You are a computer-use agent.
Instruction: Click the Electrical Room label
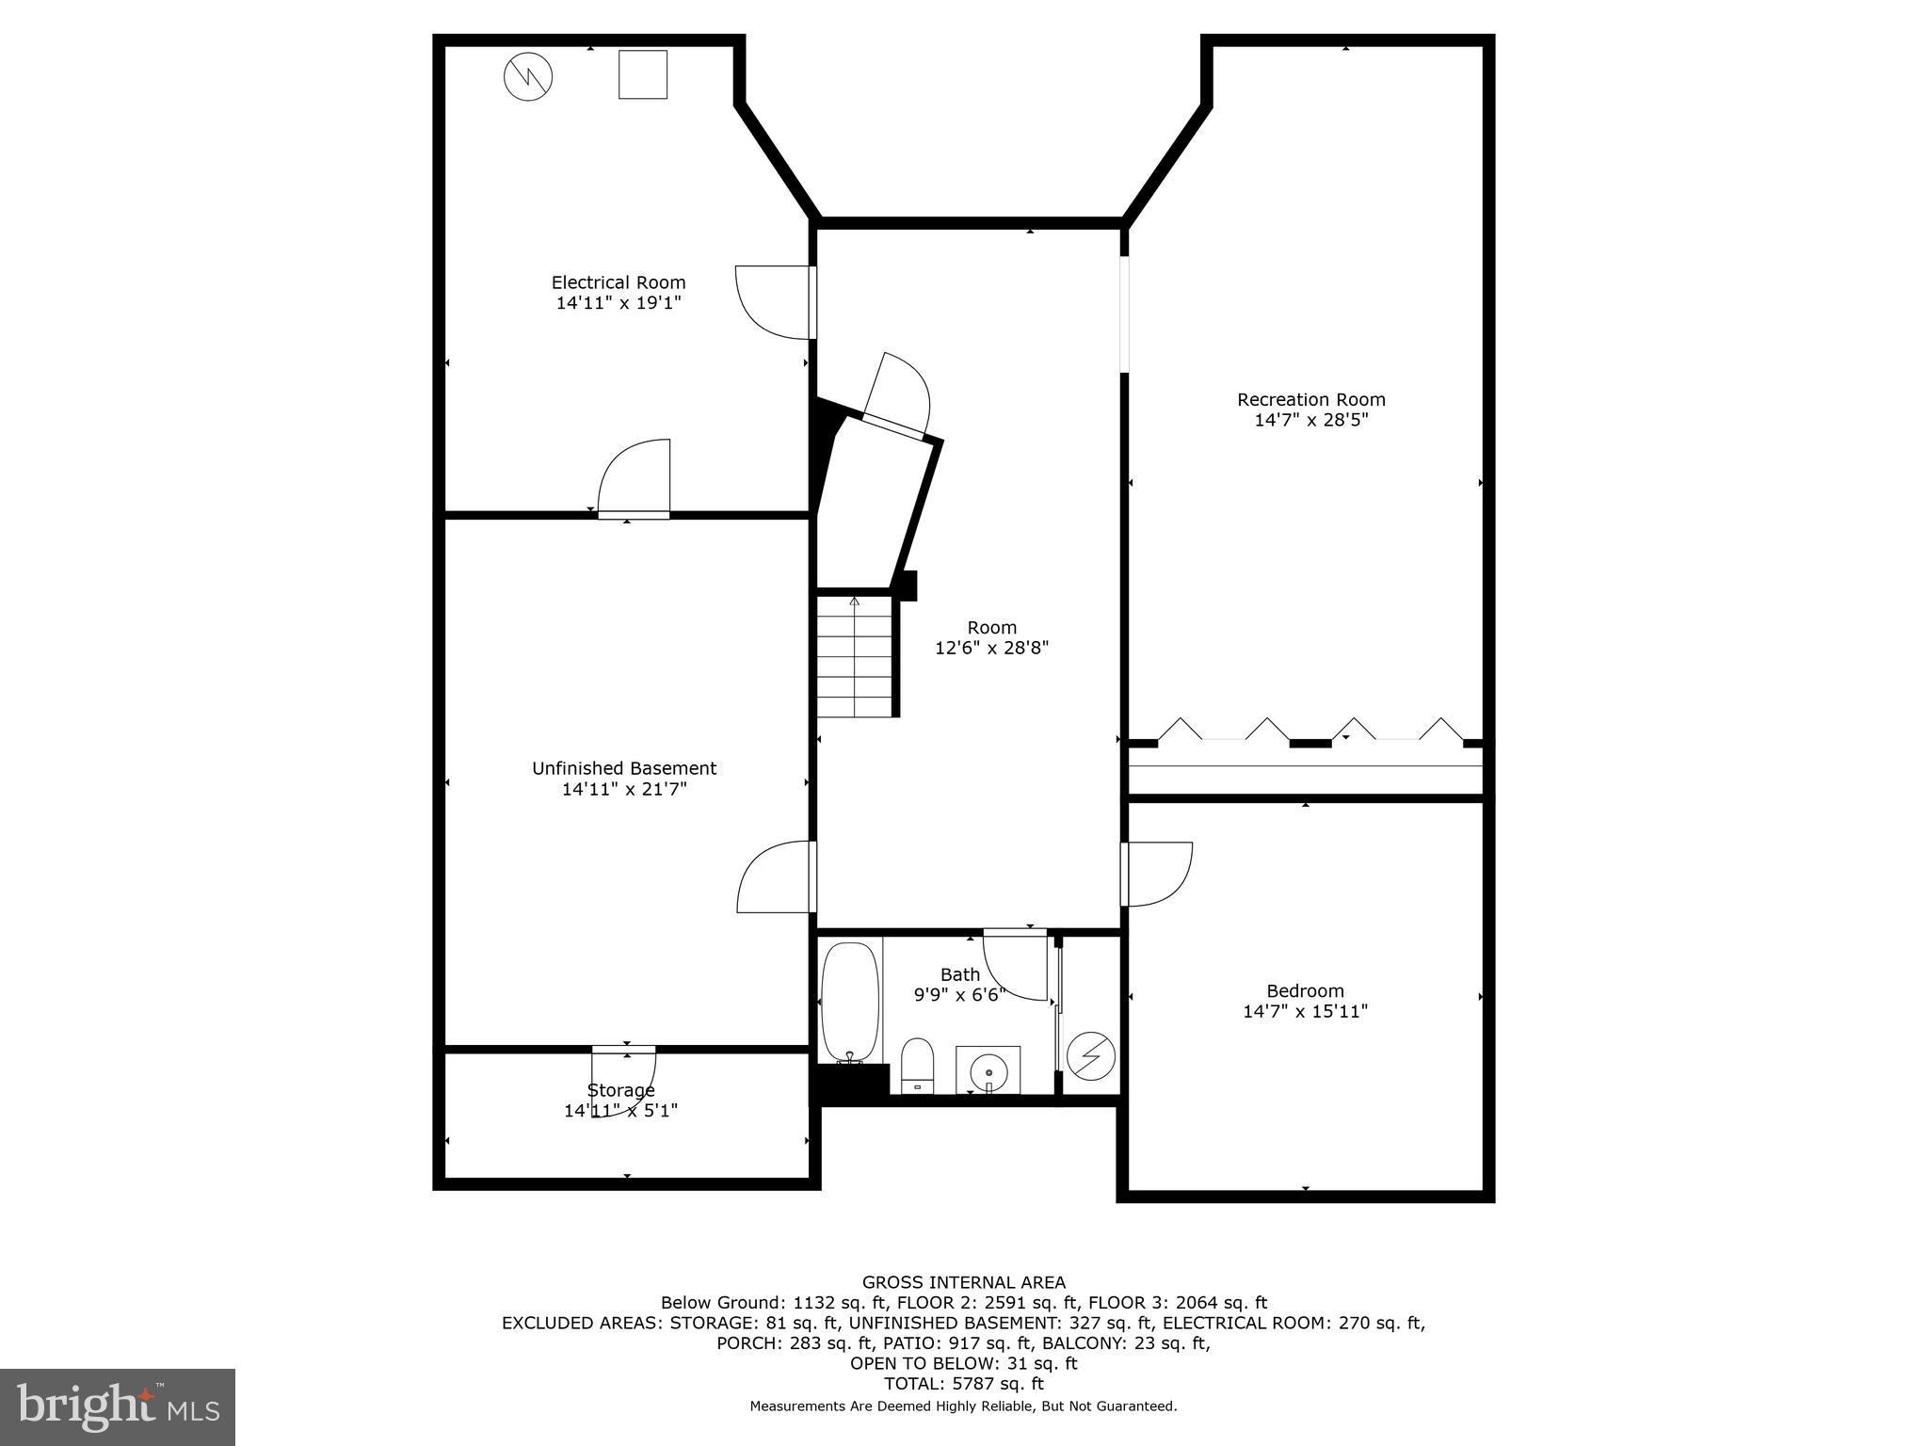pyautogui.click(x=619, y=282)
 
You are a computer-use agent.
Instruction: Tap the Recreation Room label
pyautogui.click(x=1310, y=399)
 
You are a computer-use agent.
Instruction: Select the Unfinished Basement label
pyautogui.click(x=624, y=768)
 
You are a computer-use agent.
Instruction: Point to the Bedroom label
pyautogui.click(x=1305, y=990)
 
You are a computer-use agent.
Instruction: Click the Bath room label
pyautogui.click(x=959, y=974)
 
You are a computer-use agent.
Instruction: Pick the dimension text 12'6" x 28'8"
pyautogui.click(x=991, y=648)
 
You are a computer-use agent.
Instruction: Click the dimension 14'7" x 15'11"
pyautogui.click(x=1305, y=1011)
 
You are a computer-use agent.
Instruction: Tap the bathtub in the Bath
pyautogui.click(x=850, y=1002)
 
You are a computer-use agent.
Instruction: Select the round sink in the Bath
pyautogui.click(x=988, y=1069)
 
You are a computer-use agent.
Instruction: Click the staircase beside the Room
pyautogui.click(x=854, y=655)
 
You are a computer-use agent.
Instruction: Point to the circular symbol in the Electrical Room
pyautogui.click(x=528, y=77)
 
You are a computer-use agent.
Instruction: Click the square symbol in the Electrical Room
pyautogui.click(x=643, y=74)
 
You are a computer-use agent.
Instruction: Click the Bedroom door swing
pyautogui.click(x=1158, y=874)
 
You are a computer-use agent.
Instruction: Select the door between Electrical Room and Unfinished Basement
pyautogui.click(x=634, y=480)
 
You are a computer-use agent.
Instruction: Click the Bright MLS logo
pyautogui.click(x=118, y=1406)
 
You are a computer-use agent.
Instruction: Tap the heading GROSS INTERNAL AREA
pyautogui.click(x=964, y=1282)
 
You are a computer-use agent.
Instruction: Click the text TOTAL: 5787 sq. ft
pyautogui.click(x=964, y=1384)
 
